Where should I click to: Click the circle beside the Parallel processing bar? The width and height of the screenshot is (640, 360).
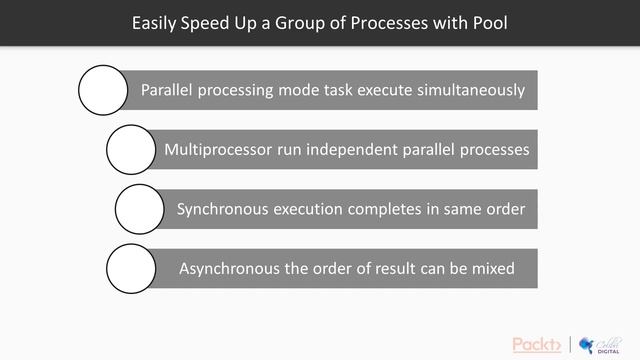(104, 90)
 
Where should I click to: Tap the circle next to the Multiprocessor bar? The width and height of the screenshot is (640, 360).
(132, 150)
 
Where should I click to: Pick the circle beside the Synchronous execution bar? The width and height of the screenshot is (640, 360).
(140, 209)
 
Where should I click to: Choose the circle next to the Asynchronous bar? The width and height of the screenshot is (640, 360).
(131, 268)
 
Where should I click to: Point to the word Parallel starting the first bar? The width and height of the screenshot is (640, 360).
(168, 90)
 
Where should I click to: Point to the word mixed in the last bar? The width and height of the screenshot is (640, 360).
(492, 268)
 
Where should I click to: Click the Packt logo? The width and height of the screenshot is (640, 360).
(537, 344)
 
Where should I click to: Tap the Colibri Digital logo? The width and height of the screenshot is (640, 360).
(598, 343)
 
